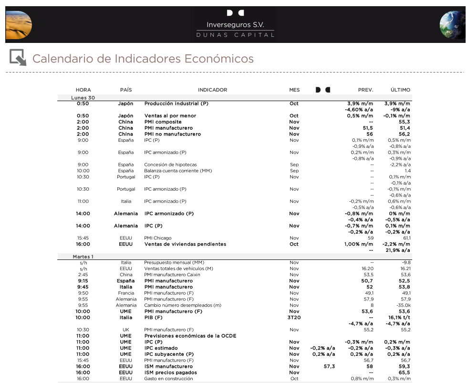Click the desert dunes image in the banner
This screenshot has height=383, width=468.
click(x=19, y=25)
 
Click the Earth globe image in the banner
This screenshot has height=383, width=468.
click(x=452, y=25)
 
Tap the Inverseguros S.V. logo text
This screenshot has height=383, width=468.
click(x=235, y=25)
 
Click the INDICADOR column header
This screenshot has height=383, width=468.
click(x=212, y=90)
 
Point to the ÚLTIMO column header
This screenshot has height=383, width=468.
click(x=400, y=90)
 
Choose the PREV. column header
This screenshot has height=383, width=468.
click(x=365, y=90)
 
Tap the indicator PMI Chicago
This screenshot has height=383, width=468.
click(x=158, y=238)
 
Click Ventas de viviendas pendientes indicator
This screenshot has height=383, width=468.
click(x=185, y=244)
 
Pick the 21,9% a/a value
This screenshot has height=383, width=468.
click(x=398, y=250)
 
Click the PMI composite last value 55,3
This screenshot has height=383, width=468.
click(x=404, y=122)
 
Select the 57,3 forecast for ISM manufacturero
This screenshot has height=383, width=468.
click(x=329, y=366)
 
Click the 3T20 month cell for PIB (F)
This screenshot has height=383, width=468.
click(x=294, y=317)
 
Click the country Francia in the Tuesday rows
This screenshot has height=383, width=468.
click(x=126, y=293)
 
